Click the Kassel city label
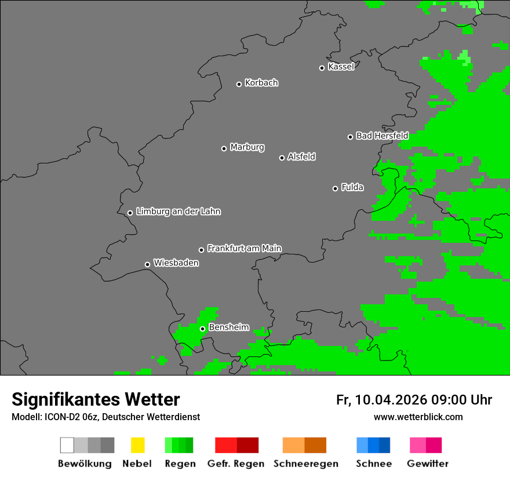[x=341, y=67]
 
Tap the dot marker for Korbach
[x=239, y=84]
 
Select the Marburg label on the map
[x=247, y=147]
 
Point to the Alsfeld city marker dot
[x=282, y=158]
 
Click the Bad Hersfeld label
[x=382, y=136]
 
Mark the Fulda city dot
[x=335, y=188]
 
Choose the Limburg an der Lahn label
[x=178, y=212]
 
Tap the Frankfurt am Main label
[x=244, y=249]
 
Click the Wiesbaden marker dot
[x=147, y=264]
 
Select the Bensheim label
[x=228, y=327]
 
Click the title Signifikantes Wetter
[x=96, y=399]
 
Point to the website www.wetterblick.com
[x=418, y=417]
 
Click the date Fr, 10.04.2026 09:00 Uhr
[x=414, y=400]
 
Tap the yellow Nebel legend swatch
[x=137, y=445]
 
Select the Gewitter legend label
[x=427, y=464]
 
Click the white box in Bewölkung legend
[x=67, y=445]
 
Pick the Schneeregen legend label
[x=306, y=464]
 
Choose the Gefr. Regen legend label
[x=235, y=464]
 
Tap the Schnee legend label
[x=373, y=464]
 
